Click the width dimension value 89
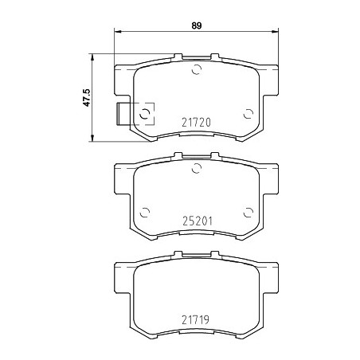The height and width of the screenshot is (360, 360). [x=197, y=25]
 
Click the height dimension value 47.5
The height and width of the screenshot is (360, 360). [x=87, y=98]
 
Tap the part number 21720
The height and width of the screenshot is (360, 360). [x=196, y=123]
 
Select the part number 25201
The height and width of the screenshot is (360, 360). [x=198, y=221]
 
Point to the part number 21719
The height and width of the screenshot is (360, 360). [x=196, y=319]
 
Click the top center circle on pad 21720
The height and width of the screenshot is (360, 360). [x=197, y=69]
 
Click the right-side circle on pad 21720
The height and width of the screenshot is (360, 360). [x=248, y=114]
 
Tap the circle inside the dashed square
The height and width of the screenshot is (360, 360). [x=145, y=114]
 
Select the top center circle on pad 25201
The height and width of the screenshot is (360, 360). [x=197, y=168]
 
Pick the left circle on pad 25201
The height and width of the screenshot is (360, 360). [x=145, y=213]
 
